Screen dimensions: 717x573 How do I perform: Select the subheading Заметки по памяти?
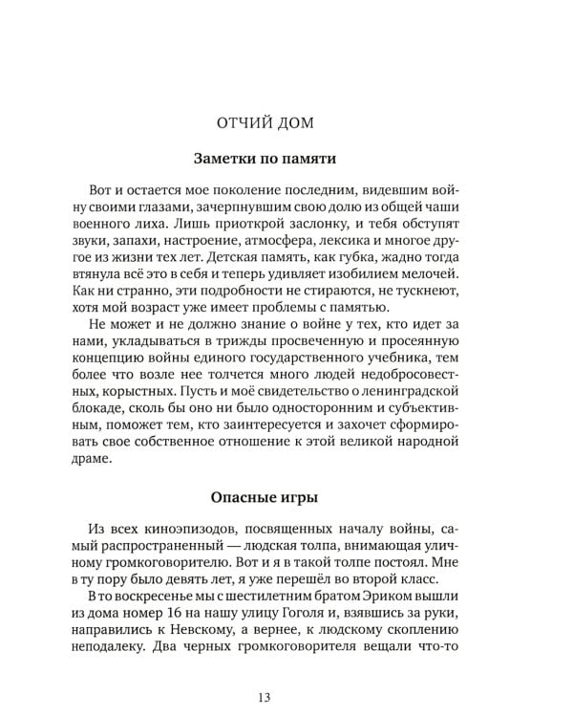pos(286,158)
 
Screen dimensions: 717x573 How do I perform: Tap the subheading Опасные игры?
pos(286,495)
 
